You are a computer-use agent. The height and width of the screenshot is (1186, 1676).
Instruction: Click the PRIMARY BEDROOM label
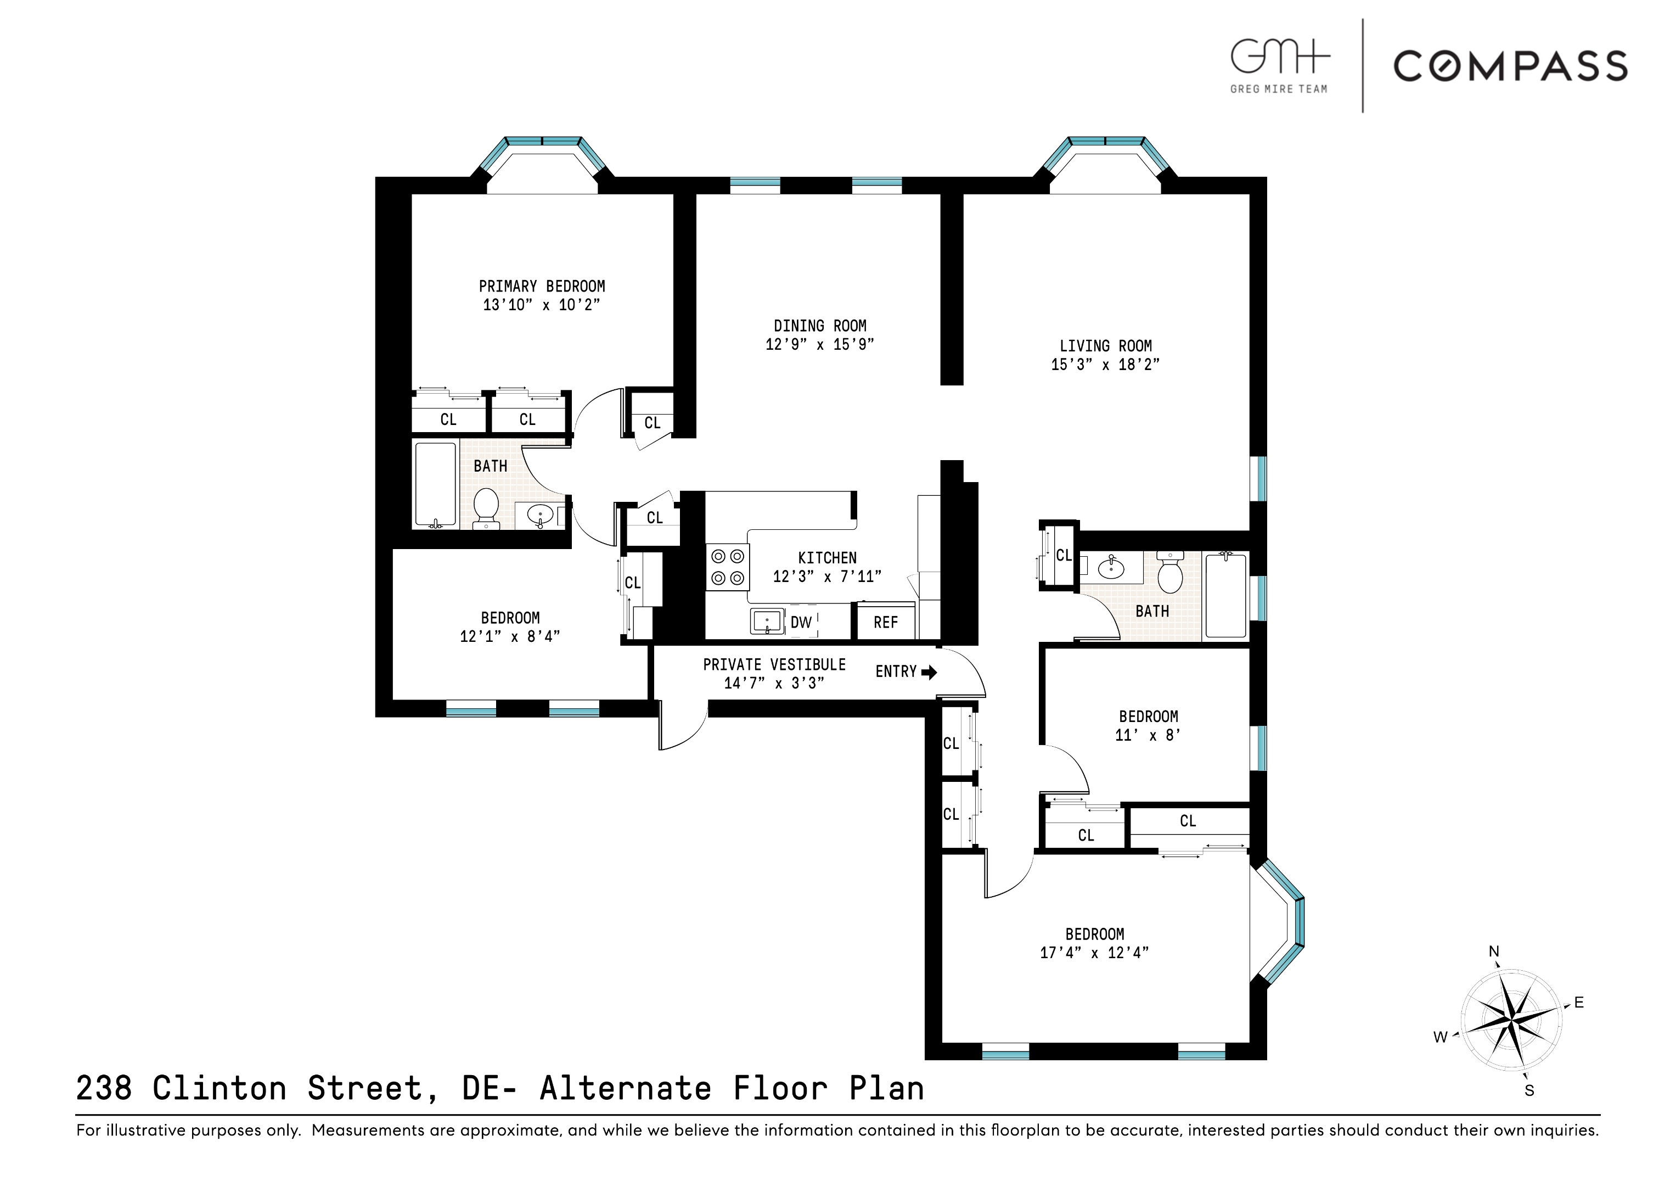pyautogui.click(x=542, y=286)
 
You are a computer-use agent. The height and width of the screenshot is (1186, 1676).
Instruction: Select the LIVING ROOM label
pyautogui.click(x=1105, y=346)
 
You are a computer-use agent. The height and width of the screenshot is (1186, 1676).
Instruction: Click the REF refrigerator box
pyautogui.click(x=885, y=622)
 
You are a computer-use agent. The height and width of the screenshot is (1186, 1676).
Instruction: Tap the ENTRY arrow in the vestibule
pyautogui.click(x=929, y=673)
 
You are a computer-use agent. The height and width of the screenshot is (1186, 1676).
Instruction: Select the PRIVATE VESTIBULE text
pyautogui.click(x=774, y=664)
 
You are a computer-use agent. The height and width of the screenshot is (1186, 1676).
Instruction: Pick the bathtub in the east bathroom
pyautogui.click(x=1225, y=595)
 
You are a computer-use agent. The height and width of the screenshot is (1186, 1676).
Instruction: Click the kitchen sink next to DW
pyautogui.click(x=767, y=622)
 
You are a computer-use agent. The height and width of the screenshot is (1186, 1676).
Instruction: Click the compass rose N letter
pyautogui.click(x=1493, y=952)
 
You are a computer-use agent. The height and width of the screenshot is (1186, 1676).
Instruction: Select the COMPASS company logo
pyautogui.click(x=1510, y=66)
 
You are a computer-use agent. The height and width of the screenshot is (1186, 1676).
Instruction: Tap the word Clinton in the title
pyautogui.click(x=219, y=1089)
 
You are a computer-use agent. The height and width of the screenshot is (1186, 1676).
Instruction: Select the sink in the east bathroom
pyautogui.click(x=1111, y=567)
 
